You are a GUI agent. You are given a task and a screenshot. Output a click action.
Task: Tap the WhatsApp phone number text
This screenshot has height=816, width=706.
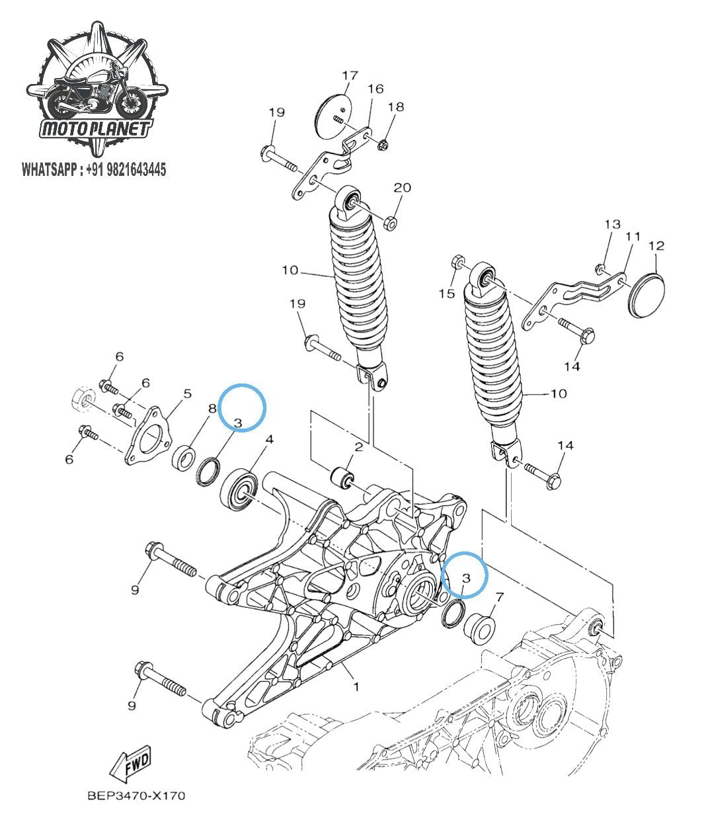coord(94,170)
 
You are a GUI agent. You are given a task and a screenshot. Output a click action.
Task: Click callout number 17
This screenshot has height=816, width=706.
coord(350,75)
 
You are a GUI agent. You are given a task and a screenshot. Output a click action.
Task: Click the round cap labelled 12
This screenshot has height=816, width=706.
coord(645,295)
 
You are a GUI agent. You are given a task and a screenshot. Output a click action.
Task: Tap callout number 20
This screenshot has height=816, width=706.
coord(402,188)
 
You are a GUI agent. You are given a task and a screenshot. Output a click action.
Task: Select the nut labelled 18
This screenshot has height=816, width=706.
coord(384,143)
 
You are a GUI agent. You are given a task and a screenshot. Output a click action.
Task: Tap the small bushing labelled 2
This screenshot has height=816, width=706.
coord(342,477)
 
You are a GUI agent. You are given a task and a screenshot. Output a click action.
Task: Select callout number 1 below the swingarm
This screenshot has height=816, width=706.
coord(356,686)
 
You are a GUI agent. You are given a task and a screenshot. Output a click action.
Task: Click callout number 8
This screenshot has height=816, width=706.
coord(212,409)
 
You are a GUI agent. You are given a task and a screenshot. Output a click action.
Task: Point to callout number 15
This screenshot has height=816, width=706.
coord(448,292)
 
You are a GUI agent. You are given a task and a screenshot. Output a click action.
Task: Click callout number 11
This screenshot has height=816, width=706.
coord(633,236)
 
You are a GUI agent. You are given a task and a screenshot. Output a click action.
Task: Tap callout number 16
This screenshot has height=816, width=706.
coord(375,89)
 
